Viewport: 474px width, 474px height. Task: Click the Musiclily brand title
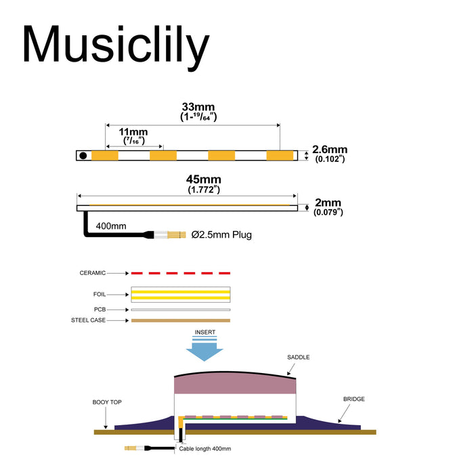(x=115, y=46)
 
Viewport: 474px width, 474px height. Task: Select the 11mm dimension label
(x=133, y=131)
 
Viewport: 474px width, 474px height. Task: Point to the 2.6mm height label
(x=330, y=150)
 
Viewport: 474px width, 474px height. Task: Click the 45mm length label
(x=203, y=179)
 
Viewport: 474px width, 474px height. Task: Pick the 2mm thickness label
(x=328, y=202)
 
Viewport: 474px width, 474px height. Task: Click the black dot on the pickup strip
(x=83, y=156)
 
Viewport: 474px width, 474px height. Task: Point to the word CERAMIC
(x=93, y=273)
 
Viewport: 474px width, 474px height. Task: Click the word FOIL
(x=99, y=295)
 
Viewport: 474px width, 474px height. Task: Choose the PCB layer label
(x=100, y=309)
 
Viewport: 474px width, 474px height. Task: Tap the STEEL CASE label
(x=89, y=320)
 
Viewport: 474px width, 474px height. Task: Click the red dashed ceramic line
(x=180, y=273)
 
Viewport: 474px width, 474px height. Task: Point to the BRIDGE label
(x=353, y=400)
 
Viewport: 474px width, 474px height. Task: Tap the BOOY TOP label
(x=107, y=402)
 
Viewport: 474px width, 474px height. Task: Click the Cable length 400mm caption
(x=205, y=448)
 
